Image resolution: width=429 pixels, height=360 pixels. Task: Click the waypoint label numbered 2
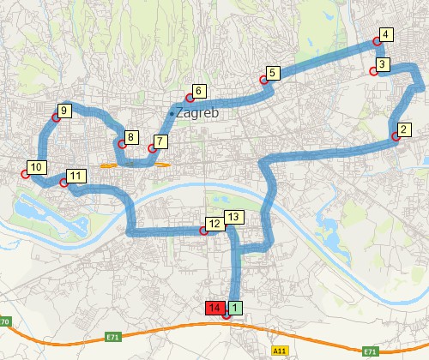pyautogui.click(x=405, y=129)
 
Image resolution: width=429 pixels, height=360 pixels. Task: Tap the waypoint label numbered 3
pyautogui.click(x=384, y=64)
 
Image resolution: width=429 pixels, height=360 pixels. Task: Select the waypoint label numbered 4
pyautogui.click(x=386, y=35)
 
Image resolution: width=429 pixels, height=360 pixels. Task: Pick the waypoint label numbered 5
pyautogui.click(x=273, y=73)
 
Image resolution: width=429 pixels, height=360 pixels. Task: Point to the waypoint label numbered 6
pyautogui.click(x=198, y=91)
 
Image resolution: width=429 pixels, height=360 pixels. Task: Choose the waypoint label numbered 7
pyautogui.click(x=160, y=141)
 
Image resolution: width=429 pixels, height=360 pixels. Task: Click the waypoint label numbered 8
pyautogui.click(x=131, y=137)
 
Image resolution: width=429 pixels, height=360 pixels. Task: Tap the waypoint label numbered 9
pyautogui.click(x=64, y=111)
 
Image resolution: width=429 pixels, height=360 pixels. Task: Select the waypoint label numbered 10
pyautogui.click(x=35, y=166)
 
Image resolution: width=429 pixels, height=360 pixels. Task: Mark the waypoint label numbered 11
pyautogui.click(x=75, y=176)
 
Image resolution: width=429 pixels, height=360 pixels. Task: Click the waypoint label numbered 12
pyautogui.click(x=214, y=224)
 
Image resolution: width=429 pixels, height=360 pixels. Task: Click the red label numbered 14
pyautogui.click(x=215, y=308)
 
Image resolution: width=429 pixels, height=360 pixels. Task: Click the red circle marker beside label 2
pyautogui.click(x=396, y=136)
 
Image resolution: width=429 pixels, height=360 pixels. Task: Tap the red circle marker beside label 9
pyautogui.click(x=56, y=119)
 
